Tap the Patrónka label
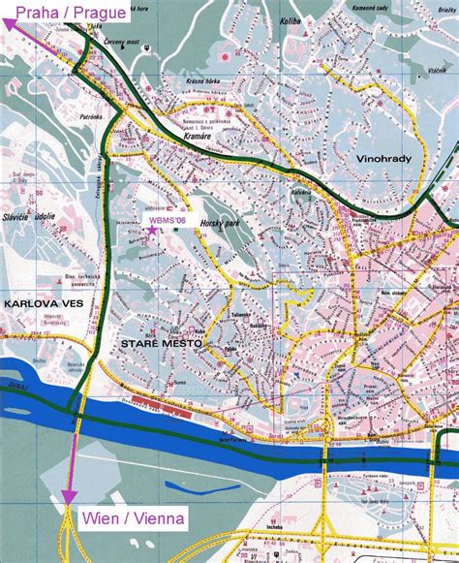coord(91,118)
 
